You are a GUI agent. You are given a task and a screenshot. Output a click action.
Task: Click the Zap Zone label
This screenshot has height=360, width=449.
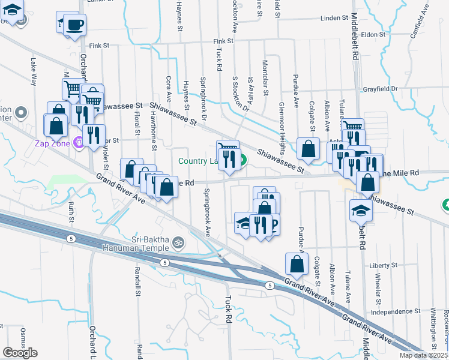point(52,143)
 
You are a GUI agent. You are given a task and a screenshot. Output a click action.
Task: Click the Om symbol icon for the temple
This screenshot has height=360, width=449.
point(177,243)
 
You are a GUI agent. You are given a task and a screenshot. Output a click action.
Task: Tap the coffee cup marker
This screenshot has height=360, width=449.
point(75,25)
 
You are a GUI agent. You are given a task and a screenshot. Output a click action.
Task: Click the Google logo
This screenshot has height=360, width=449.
point(20,353)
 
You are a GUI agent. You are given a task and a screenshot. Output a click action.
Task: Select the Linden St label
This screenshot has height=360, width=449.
point(330,19)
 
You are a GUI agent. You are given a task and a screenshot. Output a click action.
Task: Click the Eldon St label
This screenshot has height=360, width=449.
point(373,35)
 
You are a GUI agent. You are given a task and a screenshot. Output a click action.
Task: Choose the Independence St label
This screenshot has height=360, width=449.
point(394,312)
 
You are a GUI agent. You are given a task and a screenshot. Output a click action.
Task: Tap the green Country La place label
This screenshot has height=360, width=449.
point(198,161)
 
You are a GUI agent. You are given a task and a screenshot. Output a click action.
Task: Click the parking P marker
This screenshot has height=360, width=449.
point(274,226)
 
